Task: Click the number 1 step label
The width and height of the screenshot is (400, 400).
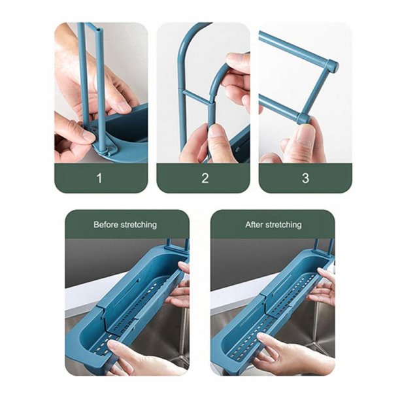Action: tap(99, 178)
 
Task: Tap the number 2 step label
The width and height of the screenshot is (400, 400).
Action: tap(205, 178)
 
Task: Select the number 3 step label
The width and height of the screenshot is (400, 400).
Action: tap(305, 178)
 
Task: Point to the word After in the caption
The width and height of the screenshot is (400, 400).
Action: tap(254, 224)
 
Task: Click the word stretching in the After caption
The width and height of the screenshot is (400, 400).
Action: tap(284, 225)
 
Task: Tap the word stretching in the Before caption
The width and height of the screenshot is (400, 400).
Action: tap(139, 225)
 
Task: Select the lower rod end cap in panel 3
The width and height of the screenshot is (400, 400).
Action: tap(304, 119)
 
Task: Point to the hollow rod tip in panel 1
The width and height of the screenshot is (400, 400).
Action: tap(99, 30)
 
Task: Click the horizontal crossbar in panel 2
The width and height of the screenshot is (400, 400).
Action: tap(197, 96)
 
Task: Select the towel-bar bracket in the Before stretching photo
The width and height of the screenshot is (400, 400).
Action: tap(178, 244)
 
